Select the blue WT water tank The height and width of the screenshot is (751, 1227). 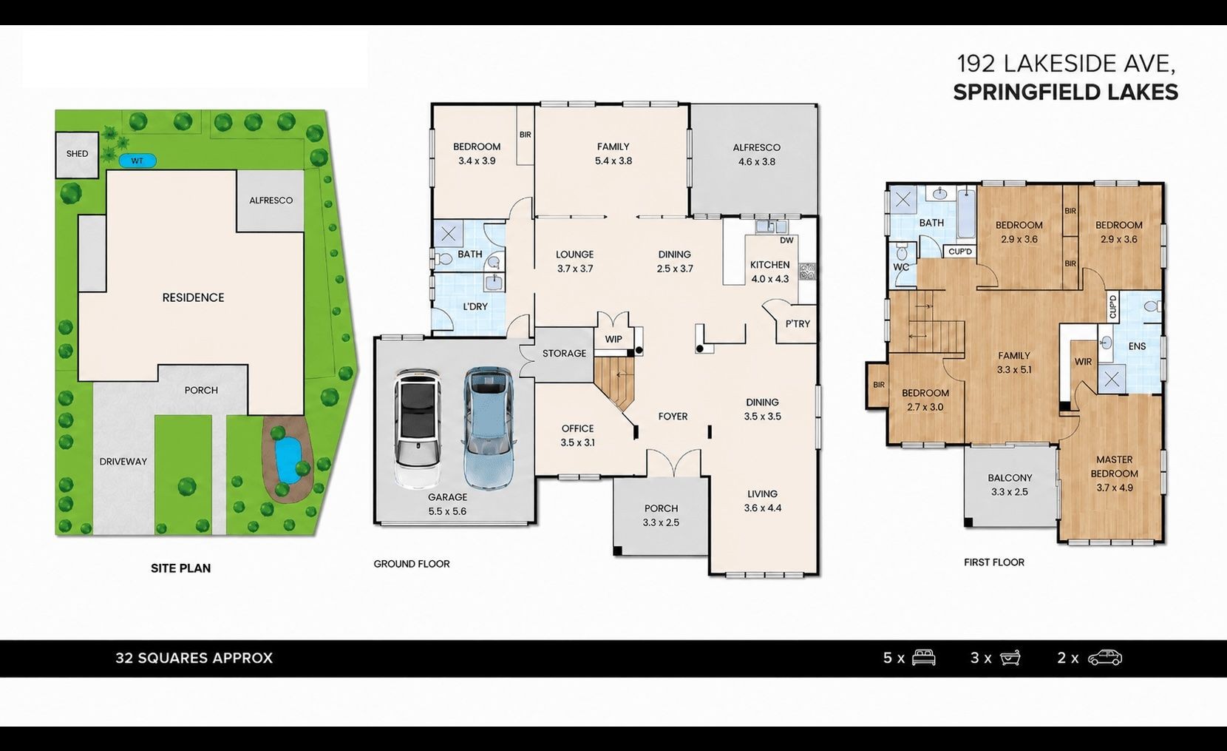click(x=137, y=161)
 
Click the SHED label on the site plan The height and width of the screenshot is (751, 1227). click(x=77, y=153)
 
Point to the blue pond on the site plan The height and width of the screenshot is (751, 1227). click(x=288, y=461)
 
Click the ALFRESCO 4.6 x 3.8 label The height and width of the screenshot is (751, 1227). click(x=756, y=154)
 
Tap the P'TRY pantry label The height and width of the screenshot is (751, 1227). click(x=798, y=323)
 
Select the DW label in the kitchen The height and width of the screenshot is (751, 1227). click(x=786, y=240)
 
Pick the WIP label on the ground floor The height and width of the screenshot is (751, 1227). click(x=613, y=340)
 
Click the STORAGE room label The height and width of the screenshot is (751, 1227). click(x=564, y=354)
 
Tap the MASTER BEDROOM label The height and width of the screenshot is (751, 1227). click(x=1114, y=466)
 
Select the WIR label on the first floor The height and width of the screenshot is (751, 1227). click(x=1083, y=362)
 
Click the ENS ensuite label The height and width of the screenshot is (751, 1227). click(x=1137, y=346)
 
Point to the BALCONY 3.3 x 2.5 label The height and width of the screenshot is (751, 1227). click(x=1010, y=485)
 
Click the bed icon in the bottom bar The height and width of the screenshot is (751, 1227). click(x=923, y=657)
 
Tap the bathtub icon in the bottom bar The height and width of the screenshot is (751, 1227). click(x=1010, y=657)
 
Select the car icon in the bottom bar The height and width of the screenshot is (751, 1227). click(x=1105, y=657)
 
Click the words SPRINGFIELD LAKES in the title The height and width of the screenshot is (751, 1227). click(x=1065, y=92)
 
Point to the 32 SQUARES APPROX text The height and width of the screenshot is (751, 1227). click(x=194, y=658)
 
